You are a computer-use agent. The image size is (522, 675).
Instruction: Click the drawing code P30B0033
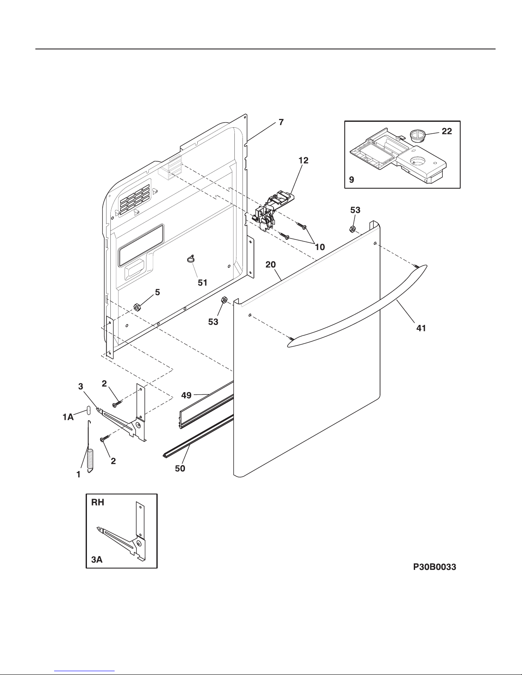(434, 567)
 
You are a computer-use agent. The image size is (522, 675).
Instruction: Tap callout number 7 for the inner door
(281, 122)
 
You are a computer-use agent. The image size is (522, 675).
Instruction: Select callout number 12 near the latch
(303, 160)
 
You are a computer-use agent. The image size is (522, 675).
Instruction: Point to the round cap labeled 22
(417, 136)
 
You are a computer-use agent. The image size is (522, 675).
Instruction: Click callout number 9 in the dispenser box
(352, 180)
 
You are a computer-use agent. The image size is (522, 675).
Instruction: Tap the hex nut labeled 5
(137, 307)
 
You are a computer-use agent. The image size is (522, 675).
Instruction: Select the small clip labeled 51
(191, 259)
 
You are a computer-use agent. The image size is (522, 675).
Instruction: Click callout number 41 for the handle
(421, 328)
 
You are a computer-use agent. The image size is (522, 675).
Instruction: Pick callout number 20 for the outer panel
(271, 264)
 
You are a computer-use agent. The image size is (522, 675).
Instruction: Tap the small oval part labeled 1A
(88, 410)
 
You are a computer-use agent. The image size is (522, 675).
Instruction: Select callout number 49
(186, 395)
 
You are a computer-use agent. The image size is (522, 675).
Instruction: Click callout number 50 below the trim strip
(180, 468)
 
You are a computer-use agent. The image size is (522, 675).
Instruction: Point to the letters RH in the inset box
(98, 502)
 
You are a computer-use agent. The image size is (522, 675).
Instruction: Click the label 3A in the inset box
(97, 560)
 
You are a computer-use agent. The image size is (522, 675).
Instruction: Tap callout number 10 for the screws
(320, 247)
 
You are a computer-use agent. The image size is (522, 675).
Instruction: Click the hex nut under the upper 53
(352, 229)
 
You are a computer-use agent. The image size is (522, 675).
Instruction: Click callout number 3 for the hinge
(81, 386)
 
